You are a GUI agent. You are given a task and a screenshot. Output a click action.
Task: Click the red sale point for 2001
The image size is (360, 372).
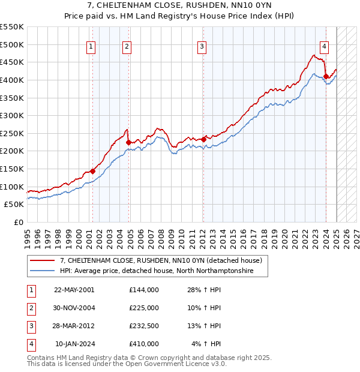tap(93, 171)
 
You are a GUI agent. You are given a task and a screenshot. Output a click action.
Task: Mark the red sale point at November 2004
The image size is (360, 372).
tap(128, 142)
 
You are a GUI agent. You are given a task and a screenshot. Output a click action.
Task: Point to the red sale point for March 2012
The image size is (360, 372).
tap(204, 140)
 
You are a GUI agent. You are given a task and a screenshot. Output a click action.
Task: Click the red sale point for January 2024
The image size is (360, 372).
tap(326, 76)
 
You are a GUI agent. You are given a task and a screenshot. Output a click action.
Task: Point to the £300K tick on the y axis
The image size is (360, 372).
tap(13, 115)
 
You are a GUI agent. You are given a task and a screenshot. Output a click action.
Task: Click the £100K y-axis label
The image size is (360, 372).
tap(13, 187)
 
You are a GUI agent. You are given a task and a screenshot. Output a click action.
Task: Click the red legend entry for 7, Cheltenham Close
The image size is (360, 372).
tap(161, 261)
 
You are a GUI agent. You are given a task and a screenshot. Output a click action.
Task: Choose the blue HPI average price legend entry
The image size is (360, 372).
tap(157, 271)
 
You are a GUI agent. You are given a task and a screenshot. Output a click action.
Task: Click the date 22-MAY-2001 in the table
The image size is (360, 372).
tap(74, 290)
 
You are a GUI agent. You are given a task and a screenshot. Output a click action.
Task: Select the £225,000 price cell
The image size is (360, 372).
tap(144, 308)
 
